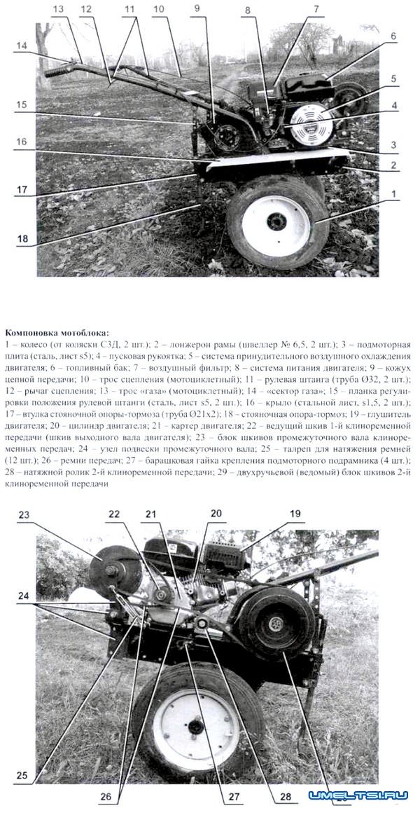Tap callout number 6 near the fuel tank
point(393,36)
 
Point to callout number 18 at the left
point(22,238)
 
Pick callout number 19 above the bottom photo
point(295,513)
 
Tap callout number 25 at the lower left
point(22,776)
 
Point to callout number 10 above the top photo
point(158,9)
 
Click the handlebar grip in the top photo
point(59,71)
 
